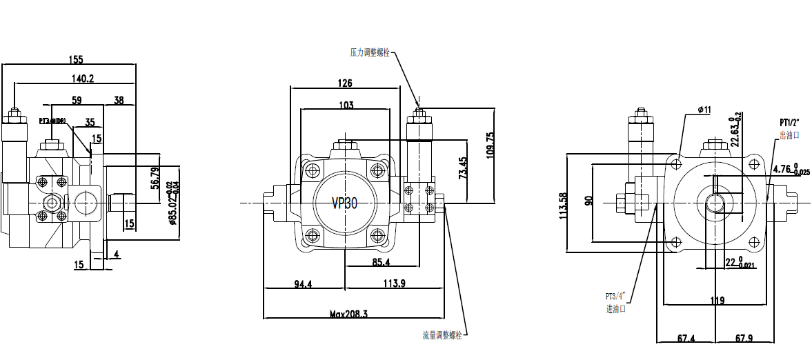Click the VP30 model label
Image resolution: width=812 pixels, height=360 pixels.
(x=344, y=203)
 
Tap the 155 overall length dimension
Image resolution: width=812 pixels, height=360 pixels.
(x=77, y=59)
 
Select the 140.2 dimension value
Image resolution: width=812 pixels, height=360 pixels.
(x=81, y=79)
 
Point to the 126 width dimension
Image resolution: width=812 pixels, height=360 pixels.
(x=345, y=83)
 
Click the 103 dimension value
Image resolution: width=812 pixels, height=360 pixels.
(x=346, y=106)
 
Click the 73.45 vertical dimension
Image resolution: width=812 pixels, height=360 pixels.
(x=462, y=168)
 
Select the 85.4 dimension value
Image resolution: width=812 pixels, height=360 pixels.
(x=382, y=262)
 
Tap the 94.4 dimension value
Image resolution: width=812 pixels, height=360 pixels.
(x=304, y=284)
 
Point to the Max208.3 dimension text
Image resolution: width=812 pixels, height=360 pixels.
(x=348, y=314)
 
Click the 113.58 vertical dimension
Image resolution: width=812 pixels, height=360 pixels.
(x=564, y=205)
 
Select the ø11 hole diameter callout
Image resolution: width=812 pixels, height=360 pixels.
(x=704, y=110)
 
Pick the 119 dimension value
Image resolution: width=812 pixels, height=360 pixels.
(x=717, y=300)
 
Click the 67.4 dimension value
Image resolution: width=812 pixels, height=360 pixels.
(x=686, y=339)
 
